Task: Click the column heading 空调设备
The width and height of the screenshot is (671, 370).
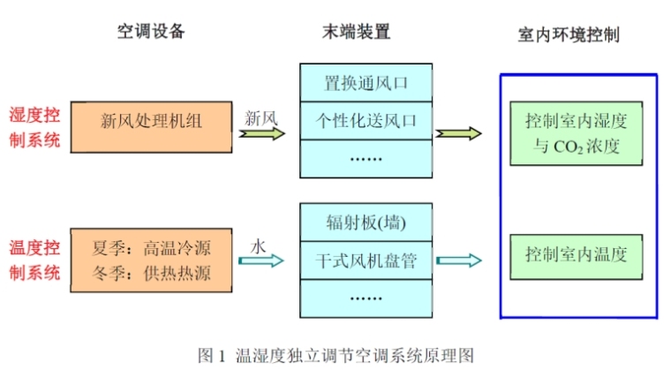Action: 151,33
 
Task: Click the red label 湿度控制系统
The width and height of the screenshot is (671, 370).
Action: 34,126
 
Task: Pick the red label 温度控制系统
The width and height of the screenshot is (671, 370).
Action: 34,260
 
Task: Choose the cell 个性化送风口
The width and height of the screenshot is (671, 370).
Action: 366,121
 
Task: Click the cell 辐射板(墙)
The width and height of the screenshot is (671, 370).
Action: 366,222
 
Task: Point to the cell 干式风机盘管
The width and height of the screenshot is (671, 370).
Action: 366,261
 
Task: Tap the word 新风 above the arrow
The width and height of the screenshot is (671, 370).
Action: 262,117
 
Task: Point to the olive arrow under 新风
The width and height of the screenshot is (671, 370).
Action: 264,135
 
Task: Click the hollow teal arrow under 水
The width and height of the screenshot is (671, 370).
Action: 264,261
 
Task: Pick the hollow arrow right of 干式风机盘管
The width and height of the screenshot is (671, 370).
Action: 459,261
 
